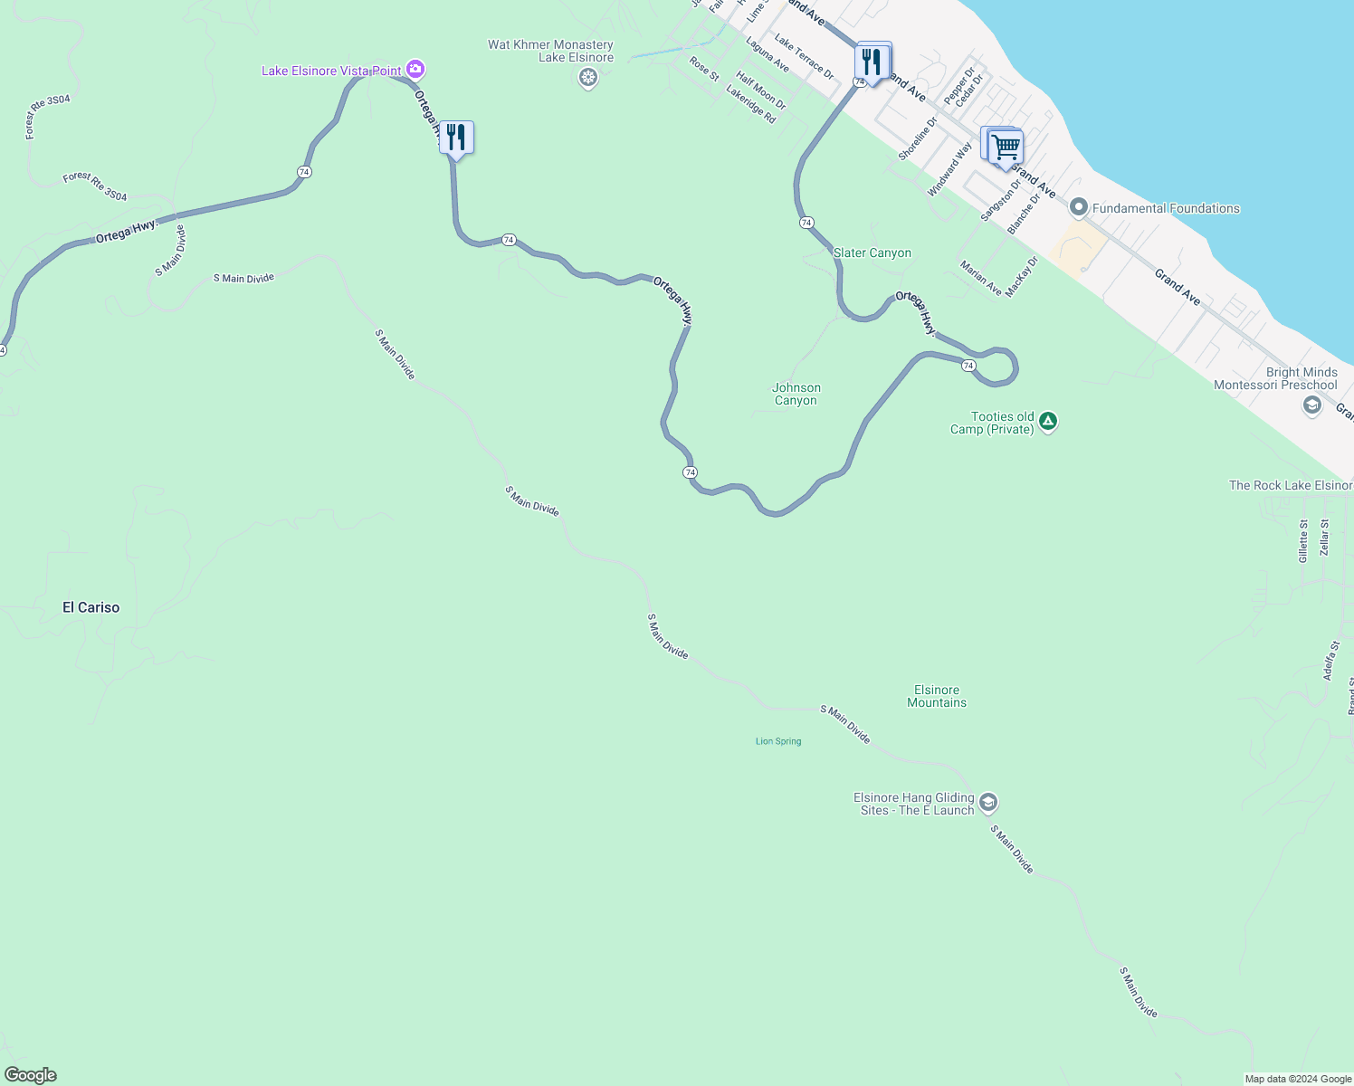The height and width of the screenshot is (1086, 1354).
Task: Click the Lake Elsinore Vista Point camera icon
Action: coord(415,69)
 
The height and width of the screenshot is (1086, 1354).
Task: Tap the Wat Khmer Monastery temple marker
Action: coord(588,78)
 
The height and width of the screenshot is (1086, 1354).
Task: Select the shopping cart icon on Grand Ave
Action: coord(1006,147)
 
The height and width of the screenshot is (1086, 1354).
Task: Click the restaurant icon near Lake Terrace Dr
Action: coord(872,62)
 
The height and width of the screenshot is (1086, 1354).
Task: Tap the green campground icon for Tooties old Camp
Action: coord(1048,421)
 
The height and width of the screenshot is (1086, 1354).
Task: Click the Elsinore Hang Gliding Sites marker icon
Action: coord(988,803)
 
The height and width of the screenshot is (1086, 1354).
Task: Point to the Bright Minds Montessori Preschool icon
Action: coord(1312,405)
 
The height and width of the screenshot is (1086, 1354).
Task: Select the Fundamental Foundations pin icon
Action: coord(1078,208)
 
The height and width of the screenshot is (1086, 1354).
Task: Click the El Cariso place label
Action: coord(91,607)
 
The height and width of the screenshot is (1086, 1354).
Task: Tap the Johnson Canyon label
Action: coord(796,394)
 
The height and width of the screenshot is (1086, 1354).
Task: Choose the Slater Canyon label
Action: coord(872,252)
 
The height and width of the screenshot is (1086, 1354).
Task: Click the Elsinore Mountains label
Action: coord(937,696)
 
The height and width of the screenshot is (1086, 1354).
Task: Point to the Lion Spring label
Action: coord(778,741)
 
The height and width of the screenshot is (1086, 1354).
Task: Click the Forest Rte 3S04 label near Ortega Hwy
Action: coord(95,186)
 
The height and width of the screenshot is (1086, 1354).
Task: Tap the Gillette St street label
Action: coord(1303,541)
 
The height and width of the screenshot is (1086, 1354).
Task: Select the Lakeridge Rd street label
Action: coord(751,104)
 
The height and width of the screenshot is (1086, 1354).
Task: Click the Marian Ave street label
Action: coord(981,278)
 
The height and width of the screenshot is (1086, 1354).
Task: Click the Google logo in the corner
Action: coord(30,1075)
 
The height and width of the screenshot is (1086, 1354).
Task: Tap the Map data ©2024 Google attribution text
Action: coord(1298,1079)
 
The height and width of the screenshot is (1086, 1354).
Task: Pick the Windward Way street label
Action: coord(949,169)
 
